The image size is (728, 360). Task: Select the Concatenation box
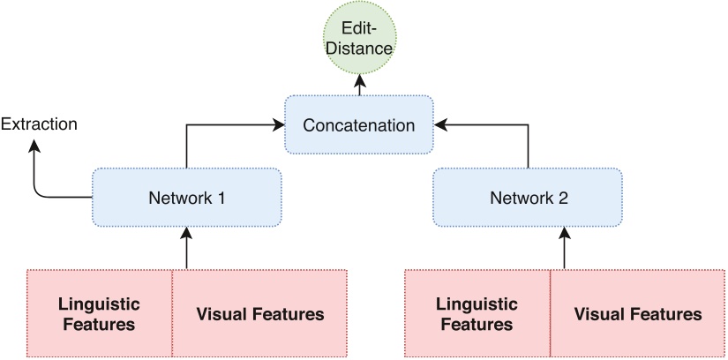pyautogui.click(x=358, y=125)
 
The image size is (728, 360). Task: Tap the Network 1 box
pyautogui.click(x=186, y=197)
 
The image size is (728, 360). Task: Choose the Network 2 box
pyautogui.click(x=528, y=197)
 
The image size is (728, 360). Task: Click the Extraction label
pyautogui.click(x=39, y=124)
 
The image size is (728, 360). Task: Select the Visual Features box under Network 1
pyautogui.click(x=259, y=313)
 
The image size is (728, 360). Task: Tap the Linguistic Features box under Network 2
pyautogui.click(x=477, y=313)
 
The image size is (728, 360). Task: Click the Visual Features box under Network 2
pyautogui.click(x=638, y=313)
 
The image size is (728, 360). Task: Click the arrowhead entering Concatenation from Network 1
pyautogui.click(x=278, y=125)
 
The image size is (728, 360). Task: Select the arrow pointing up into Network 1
pyautogui.click(x=186, y=247)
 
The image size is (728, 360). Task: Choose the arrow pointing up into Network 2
pyautogui.click(x=564, y=247)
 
